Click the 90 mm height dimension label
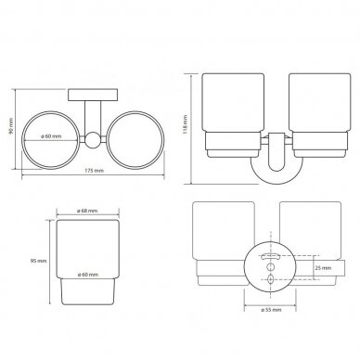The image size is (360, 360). click(11, 126)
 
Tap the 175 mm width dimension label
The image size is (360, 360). click(94, 171)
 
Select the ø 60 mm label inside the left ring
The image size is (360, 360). click(51, 136)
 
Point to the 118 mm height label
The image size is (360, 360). click(186, 123)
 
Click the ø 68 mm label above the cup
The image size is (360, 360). click(87, 211)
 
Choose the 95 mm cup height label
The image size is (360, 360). click(38, 261)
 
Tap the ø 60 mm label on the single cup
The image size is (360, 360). click(88, 275)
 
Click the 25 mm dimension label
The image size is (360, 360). click(323, 268)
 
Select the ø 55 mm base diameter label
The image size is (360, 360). click(271, 310)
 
